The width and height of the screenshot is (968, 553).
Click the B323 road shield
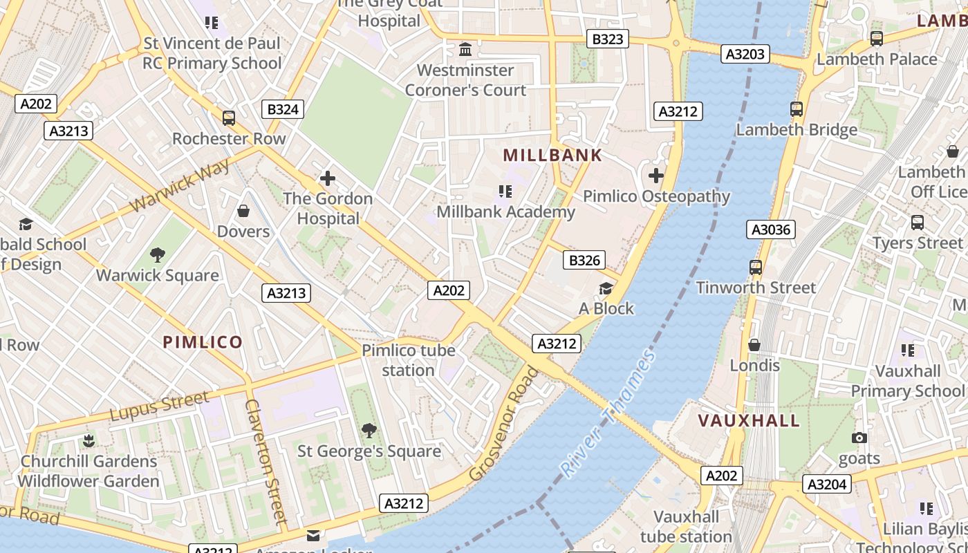tap(608, 39)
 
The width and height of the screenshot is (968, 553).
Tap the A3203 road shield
tap(745, 54)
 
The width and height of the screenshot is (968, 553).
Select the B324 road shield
tap(283, 109)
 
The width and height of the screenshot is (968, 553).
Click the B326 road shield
tap(584, 261)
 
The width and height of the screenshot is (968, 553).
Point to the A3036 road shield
tap(771, 229)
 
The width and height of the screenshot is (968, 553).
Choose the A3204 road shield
tap(827, 484)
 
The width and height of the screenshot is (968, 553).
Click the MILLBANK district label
tap(552, 155)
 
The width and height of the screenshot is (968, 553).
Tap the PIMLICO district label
tap(203, 342)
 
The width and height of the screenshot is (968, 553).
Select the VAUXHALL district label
tap(749, 420)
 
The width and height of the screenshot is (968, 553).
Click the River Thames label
tap(608, 414)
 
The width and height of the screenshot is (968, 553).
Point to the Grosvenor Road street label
tap(504, 424)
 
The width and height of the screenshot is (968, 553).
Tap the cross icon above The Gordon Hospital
tap(328, 179)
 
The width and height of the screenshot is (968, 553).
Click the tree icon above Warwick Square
tap(158, 255)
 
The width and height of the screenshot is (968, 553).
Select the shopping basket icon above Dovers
tap(243, 210)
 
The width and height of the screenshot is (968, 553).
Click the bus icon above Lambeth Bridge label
tap(797, 109)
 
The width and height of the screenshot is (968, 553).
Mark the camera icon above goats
tap(859, 438)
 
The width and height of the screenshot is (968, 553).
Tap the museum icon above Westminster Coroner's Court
tap(466, 50)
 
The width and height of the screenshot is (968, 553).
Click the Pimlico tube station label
tap(409, 360)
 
